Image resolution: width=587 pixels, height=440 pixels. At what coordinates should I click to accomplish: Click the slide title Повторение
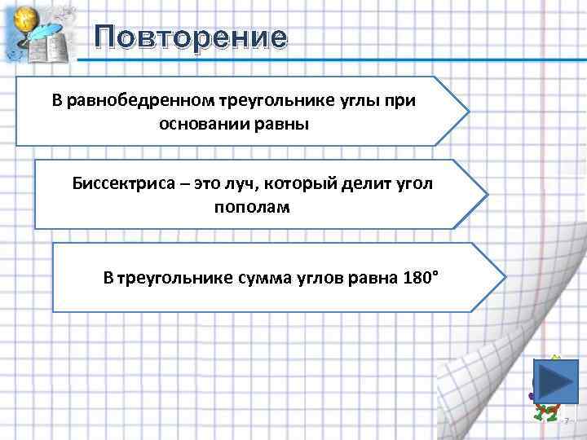[190, 37]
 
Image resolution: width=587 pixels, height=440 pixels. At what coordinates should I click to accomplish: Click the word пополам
[252, 207]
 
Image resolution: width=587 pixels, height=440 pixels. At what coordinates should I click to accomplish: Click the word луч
[245, 183]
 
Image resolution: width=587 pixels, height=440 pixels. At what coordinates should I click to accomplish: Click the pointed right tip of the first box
[468, 111]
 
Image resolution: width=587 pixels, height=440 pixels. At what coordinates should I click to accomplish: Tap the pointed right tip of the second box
[487, 194]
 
